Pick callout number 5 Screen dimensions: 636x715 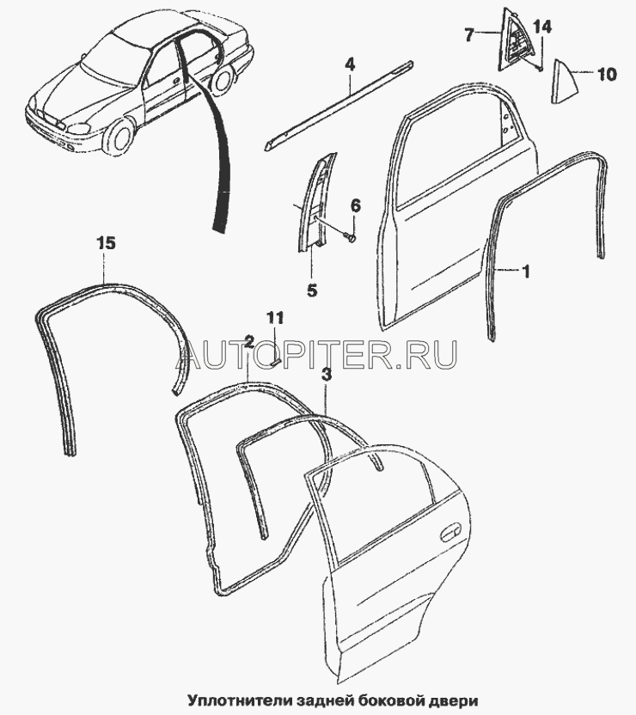pos(311,290)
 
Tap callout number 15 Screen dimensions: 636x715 pos(104,244)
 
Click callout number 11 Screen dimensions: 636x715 pos(272,319)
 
